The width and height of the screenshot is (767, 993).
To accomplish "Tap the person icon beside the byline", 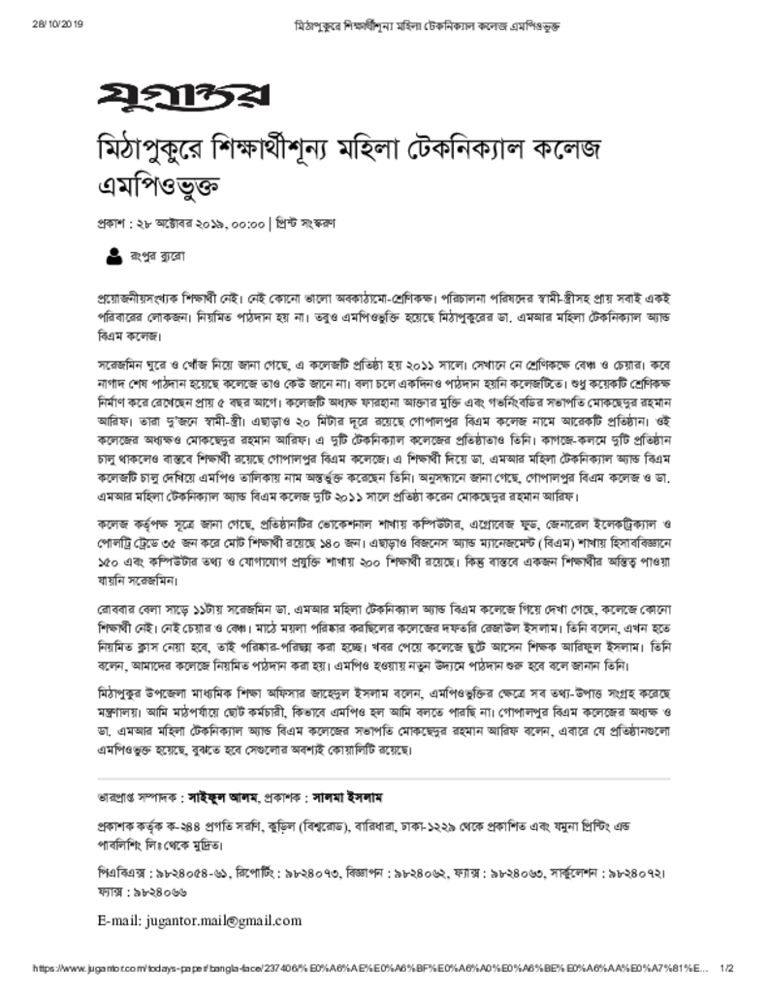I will [x=112, y=257].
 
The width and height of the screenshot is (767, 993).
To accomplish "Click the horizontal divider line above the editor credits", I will [x=384, y=779].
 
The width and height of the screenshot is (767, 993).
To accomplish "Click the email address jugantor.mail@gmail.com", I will [x=200, y=920].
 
